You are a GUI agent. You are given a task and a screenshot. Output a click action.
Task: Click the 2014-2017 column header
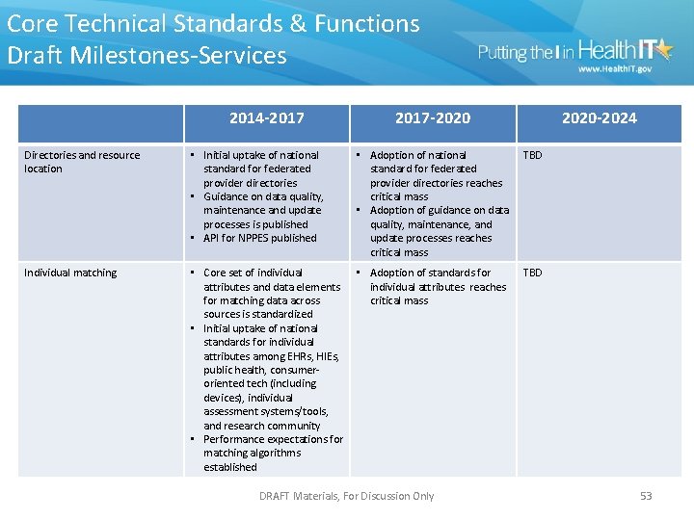coord(267,118)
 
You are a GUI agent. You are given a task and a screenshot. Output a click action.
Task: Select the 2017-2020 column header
coord(433,118)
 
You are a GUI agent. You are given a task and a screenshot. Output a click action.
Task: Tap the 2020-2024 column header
coord(599,118)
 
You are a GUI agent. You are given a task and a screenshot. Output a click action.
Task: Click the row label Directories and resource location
coord(82,162)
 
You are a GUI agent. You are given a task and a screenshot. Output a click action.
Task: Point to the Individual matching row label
coord(70,273)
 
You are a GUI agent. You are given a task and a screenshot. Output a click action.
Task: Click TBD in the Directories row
coord(532,155)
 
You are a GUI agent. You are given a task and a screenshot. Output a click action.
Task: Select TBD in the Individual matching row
coord(532,273)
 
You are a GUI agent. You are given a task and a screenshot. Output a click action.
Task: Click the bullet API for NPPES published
coord(259,238)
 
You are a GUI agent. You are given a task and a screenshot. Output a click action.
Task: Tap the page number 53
coord(646,496)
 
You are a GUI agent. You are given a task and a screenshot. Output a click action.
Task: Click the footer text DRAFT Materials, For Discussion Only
coord(347,496)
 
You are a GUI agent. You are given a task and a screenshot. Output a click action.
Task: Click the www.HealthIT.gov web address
coord(615,69)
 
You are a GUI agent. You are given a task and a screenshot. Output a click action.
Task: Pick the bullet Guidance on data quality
coord(262,210)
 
